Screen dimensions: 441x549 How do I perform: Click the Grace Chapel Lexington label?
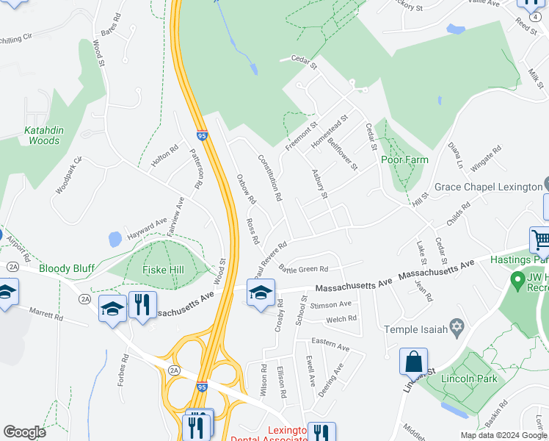click(x=487, y=187)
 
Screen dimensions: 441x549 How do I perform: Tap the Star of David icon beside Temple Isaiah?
click(x=457, y=326)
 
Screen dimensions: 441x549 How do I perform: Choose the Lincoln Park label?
click(x=469, y=379)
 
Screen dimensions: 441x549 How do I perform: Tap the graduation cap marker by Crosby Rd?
click(x=261, y=294)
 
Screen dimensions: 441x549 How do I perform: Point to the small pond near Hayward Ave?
click(x=114, y=239)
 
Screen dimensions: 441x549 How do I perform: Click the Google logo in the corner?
click(x=25, y=432)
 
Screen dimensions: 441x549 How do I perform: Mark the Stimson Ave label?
click(x=331, y=304)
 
